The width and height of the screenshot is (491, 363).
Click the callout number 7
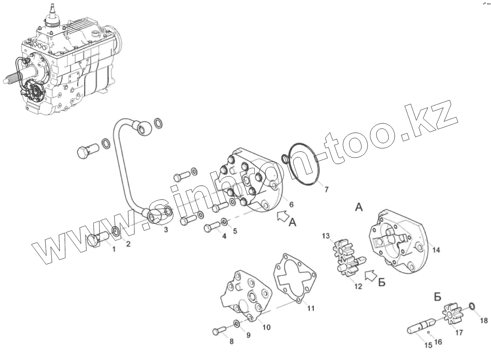326,190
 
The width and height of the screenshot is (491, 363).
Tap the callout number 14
436,250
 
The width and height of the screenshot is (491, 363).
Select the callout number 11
310,308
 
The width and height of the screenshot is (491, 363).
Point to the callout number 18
483,321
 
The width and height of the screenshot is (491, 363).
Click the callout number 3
166,230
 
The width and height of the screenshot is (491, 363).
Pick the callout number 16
438,342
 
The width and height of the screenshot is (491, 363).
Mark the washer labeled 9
237,324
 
